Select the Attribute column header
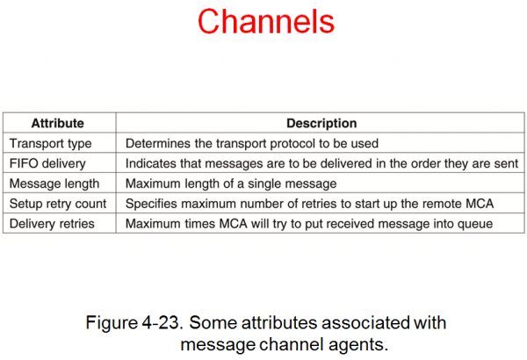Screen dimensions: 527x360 pyautogui.click(x=56, y=124)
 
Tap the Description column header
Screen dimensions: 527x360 pyautogui.click(x=321, y=124)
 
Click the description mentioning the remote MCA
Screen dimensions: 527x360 pyautogui.click(x=310, y=204)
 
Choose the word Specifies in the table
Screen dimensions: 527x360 pyautogui.click(x=153, y=204)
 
